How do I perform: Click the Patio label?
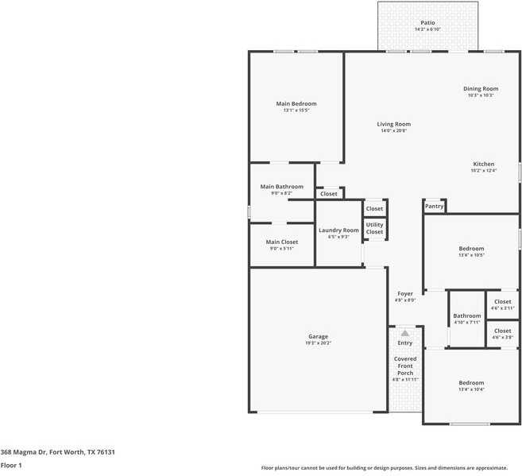[427, 23]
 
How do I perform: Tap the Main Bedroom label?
[296, 104]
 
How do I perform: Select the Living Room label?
[393, 124]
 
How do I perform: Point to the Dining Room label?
[481, 89]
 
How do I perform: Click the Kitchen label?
[483, 164]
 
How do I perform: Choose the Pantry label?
[434, 207]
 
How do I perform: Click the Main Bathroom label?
[282, 187]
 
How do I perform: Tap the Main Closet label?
[282, 242]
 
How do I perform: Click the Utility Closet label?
[374, 228]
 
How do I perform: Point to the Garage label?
[318, 336]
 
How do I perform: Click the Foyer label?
[405, 294]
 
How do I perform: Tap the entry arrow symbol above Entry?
[405, 333]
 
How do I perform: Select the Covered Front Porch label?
[405, 366]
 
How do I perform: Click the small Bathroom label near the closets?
[467, 316]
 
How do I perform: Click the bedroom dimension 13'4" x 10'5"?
[471, 256]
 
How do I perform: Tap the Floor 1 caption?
[11, 465]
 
